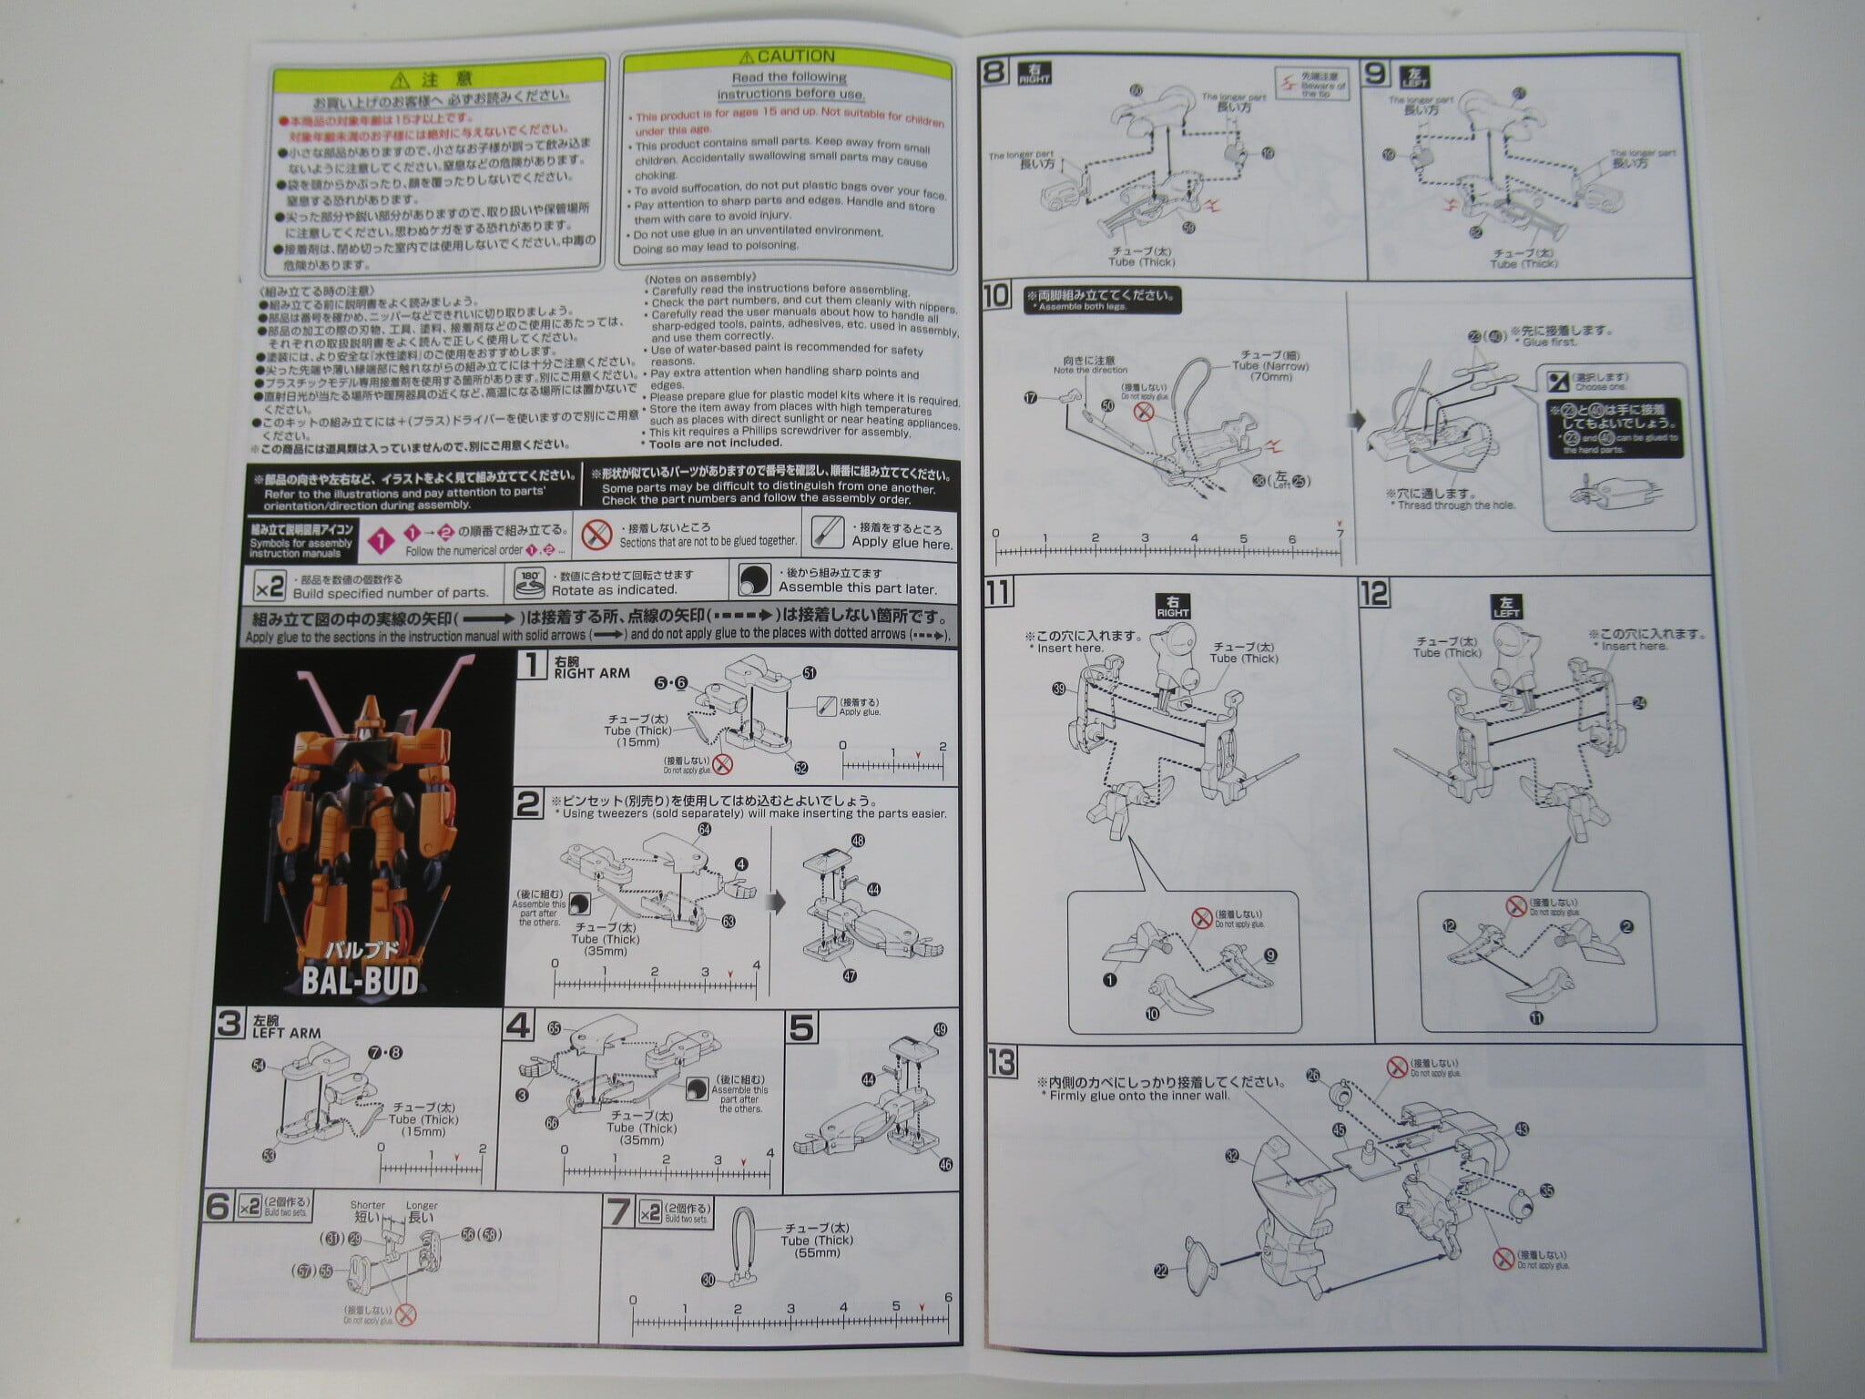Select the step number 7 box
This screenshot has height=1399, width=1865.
[618, 1210]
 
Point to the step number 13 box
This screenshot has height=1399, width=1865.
[1002, 1062]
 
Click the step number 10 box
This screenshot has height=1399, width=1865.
[998, 296]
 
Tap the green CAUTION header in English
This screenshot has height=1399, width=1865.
[789, 56]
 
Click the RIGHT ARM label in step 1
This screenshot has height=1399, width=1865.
[592, 673]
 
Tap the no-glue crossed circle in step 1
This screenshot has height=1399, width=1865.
[724, 763]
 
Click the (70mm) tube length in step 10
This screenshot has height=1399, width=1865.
[1270, 376]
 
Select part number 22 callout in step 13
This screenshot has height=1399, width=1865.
[1160, 1271]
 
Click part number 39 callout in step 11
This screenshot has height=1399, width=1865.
[1058, 689]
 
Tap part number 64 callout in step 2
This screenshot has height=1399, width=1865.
[704, 829]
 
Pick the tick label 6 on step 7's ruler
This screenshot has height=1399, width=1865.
[948, 1298]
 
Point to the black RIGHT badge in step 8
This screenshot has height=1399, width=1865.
[1034, 73]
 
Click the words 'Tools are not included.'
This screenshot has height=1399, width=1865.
[715, 443]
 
